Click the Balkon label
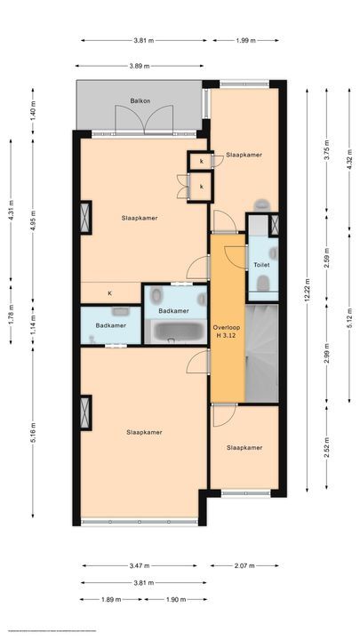point(140,101)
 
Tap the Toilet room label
point(261,265)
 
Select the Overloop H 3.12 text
point(228,331)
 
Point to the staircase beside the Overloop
point(261,352)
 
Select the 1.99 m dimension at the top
point(249,40)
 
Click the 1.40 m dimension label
point(34,112)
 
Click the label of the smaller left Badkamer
point(111,325)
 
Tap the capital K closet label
point(110,293)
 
